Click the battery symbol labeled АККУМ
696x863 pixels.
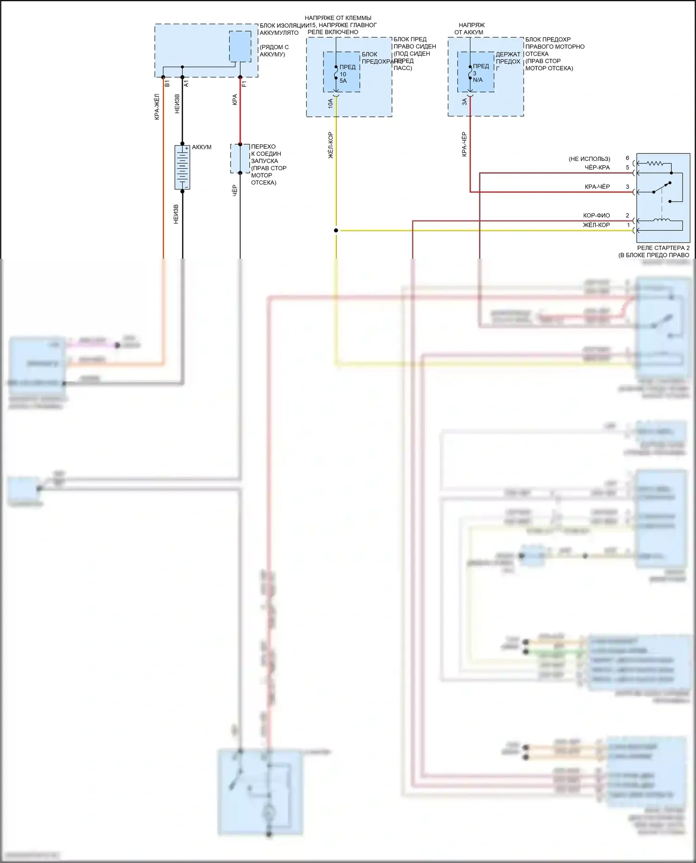[x=182, y=167]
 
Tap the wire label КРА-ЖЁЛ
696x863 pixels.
[x=157, y=107]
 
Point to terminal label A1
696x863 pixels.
[x=187, y=83]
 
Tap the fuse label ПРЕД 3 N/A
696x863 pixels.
[x=480, y=73]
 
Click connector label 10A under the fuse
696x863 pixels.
[x=330, y=103]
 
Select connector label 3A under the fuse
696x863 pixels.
[x=464, y=102]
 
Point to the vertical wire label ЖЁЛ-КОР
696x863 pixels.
[x=330, y=145]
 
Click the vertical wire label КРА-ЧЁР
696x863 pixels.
[x=464, y=144]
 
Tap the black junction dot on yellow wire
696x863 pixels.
[x=336, y=230]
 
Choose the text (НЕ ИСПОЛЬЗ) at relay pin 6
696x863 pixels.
[x=589, y=159]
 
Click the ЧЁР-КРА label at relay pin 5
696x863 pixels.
[x=597, y=167]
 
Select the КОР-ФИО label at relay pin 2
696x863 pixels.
[x=596, y=216]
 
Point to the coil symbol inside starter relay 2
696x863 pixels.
[x=661, y=220]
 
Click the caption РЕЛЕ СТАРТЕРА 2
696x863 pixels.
[x=663, y=248]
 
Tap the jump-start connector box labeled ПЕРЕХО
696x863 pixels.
[x=240, y=159]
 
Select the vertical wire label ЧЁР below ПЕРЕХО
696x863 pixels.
[x=235, y=191]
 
